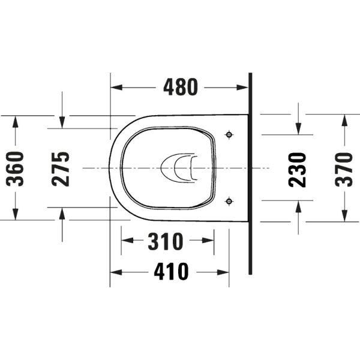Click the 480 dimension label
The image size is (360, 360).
[x=181, y=87]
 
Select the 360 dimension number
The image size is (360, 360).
[x=15, y=169]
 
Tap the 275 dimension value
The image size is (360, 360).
[x=61, y=169]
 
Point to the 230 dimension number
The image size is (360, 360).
[x=298, y=170]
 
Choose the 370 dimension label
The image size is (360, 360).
[x=344, y=170]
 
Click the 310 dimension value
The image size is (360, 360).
[x=166, y=241]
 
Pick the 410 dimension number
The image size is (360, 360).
[x=171, y=272]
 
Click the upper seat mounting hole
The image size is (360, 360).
[x=229, y=135]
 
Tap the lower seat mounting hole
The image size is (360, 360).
[x=229, y=202]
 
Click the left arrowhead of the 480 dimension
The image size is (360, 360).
[x=116, y=87]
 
